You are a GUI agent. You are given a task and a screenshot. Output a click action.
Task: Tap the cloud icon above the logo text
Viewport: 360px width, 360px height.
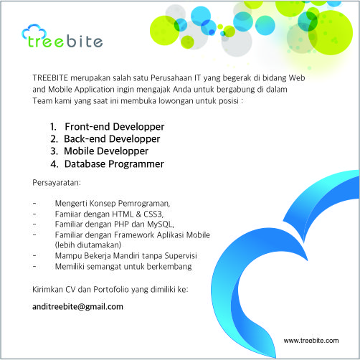coord(34,31)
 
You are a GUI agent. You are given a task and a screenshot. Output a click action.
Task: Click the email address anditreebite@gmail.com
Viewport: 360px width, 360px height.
coord(77,307)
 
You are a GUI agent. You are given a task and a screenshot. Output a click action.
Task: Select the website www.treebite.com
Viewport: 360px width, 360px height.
coord(311,341)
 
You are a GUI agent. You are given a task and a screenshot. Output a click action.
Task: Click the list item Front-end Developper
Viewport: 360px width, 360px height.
coord(115,127)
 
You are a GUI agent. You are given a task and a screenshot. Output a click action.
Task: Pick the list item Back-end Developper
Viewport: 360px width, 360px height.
coord(112,139)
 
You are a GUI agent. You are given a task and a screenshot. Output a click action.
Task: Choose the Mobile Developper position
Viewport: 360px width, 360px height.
coord(106,151)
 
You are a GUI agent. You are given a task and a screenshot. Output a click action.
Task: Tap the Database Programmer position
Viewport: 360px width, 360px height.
coord(114,164)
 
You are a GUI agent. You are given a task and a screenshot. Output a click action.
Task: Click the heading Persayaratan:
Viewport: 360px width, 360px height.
coord(57,183)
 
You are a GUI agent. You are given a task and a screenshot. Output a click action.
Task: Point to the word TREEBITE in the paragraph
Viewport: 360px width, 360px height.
coord(50,78)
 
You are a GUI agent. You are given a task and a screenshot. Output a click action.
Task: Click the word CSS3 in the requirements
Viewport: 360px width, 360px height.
coord(153,214)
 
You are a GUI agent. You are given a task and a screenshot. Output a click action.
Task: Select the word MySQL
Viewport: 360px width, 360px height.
coord(160,224)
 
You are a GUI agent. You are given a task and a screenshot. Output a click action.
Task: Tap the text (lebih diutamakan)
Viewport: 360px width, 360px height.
coord(88,245)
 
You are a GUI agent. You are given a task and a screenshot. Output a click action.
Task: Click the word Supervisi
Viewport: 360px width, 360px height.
coord(181,256)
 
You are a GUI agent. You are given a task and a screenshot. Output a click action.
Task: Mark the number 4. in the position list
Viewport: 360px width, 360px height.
coord(55,164)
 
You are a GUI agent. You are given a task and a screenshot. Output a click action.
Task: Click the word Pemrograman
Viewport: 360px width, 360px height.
coord(144,204)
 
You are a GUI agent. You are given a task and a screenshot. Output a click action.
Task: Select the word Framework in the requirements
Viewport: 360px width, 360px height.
coord(134,235)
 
